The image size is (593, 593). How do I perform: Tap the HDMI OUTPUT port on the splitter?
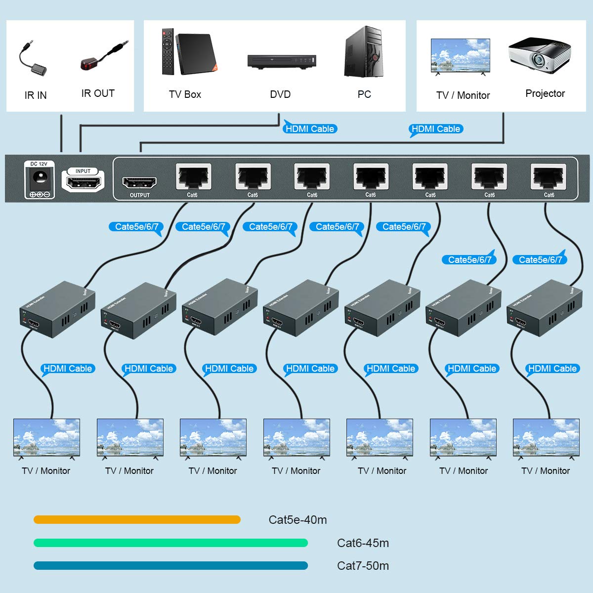pos(139,183)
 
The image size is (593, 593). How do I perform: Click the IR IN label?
pos(36,95)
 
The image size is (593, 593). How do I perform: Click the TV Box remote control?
pos(168,52)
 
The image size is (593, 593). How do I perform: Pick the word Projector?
pos(545,93)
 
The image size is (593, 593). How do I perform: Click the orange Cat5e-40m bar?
pos(137,519)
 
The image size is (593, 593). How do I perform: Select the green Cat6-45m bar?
pos(170,543)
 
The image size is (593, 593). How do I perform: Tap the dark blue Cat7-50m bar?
pos(170,565)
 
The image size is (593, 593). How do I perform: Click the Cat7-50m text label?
pos(363,566)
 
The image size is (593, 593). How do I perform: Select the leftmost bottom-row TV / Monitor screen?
pos(46,437)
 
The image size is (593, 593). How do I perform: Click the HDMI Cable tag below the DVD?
pos(310,129)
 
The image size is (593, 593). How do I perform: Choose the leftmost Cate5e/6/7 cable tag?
pos(136,227)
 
